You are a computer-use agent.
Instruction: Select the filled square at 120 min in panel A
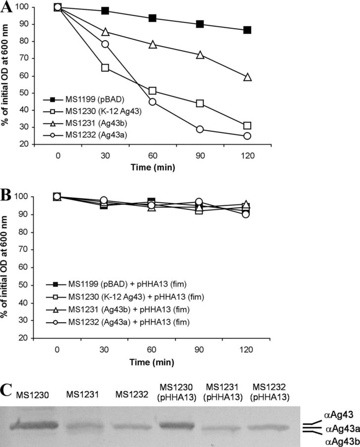247,30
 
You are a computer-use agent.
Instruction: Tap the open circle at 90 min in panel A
200,129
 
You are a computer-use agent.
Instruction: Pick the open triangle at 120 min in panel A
247,77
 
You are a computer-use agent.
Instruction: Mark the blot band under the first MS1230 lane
35,423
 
